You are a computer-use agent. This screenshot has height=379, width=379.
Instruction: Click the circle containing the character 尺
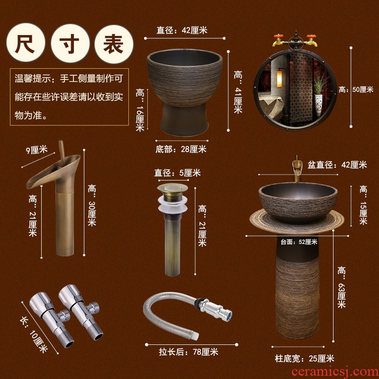coord(26,43)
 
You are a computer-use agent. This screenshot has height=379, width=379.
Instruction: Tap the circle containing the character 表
coord(114,44)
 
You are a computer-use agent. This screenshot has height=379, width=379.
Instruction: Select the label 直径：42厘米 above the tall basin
coord(182,30)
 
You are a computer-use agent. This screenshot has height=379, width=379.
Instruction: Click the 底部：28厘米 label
coord(181,149)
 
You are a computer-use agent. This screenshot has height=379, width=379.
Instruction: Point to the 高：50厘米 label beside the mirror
coord(356,90)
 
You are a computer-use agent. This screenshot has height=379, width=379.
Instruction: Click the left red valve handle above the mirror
coord(279,36)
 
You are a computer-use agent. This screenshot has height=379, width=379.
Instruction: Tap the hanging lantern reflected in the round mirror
coord(280,78)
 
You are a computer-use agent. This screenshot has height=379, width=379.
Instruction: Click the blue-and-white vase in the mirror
coord(318,105)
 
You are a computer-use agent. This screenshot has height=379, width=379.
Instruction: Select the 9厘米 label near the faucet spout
coord(37,150)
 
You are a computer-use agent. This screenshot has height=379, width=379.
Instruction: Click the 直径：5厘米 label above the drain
coord(177,173)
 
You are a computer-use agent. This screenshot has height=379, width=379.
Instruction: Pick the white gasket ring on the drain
coord(172,204)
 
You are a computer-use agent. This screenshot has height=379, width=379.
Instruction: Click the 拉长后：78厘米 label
coord(189,352)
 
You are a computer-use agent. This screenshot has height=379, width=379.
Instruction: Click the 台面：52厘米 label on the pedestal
coord(299,242)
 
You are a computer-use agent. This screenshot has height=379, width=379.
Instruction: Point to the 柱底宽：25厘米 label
coord(305,359)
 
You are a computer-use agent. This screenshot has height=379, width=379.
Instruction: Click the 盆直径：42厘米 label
coord(337,165)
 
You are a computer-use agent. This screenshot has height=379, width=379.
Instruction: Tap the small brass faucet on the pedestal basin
coord(297,169)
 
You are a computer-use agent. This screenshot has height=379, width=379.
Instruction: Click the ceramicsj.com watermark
coord(335,371)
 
